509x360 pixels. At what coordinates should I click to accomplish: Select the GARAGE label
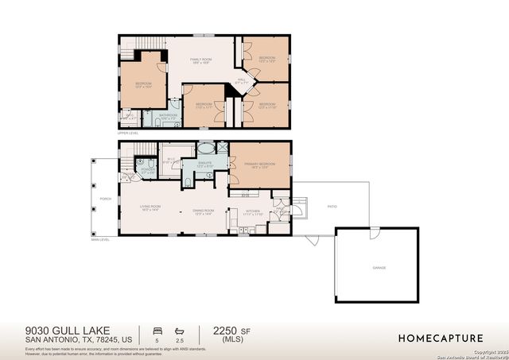point(379,268)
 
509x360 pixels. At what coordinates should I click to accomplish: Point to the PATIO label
point(332,207)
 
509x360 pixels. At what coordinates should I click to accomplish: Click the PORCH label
point(105,199)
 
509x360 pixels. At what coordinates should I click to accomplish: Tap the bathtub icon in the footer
point(181,329)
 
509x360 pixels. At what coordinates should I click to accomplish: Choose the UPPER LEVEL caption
point(128,133)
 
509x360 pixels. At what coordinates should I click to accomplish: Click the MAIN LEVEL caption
point(100,239)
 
